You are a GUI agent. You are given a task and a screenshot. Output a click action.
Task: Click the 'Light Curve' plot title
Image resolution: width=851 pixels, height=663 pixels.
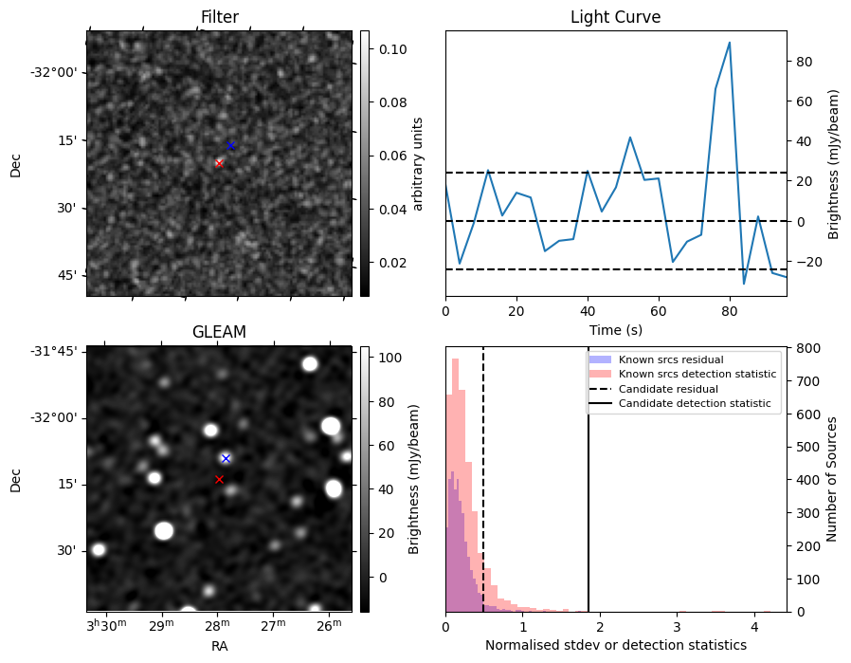point(615,18)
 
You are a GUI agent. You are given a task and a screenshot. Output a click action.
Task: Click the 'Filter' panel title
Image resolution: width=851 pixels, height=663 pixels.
point(219,18)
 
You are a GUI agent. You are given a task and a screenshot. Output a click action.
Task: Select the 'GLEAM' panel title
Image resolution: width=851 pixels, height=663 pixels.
point(219,332)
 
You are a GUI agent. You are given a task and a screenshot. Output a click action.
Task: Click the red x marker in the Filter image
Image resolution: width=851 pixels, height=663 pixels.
point(219,163)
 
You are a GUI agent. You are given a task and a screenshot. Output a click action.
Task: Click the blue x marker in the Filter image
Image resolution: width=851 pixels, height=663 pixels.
point(230,145)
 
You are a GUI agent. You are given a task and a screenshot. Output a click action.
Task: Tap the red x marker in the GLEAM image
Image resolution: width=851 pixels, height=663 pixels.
point(219,479)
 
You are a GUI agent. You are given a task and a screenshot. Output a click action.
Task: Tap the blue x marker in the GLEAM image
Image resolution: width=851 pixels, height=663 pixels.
point(226,458)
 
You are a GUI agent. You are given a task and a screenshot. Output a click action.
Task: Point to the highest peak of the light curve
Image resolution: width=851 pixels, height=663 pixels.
point(729,43)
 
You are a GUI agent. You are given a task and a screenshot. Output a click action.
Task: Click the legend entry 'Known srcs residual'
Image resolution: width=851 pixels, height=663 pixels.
point(670,360)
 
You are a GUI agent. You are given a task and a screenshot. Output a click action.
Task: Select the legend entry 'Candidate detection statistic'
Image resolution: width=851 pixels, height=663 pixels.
point(695,404)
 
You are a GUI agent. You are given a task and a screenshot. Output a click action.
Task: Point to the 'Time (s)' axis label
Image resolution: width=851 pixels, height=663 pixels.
point(615,329)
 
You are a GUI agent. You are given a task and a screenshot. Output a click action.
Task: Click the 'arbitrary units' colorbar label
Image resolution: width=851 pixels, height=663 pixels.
point(418,163)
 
